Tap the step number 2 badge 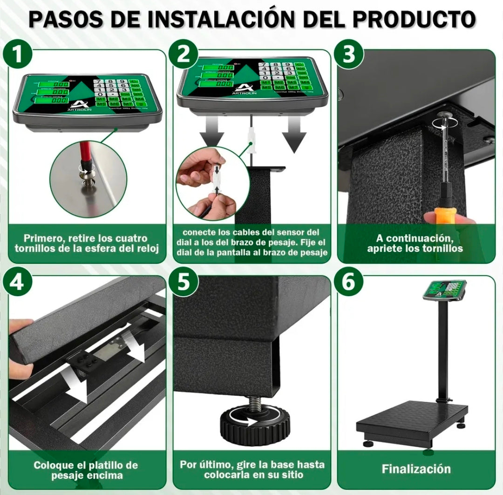click(184, 55)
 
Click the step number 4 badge click(18, 282)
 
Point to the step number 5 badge click(184, 282)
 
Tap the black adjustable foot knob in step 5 click(254, 424)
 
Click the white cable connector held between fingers click(217, 179)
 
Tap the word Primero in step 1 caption click(44, 238)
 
